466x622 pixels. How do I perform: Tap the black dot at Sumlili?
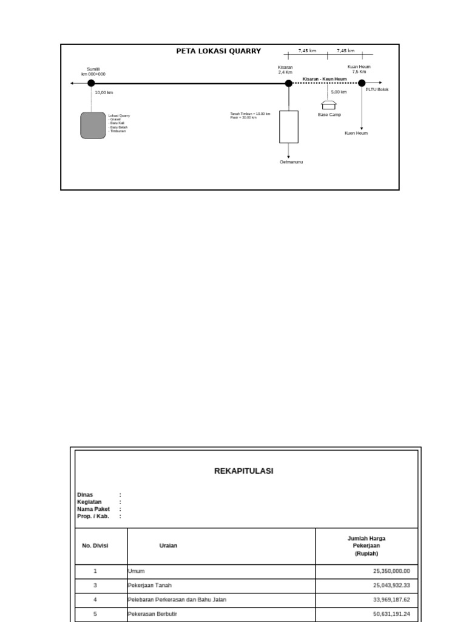tap(91, 83)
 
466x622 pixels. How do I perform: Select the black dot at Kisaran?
tap(289, 83)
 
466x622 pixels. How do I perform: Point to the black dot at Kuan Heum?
tap(362, 83)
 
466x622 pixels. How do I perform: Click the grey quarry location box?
tap(93, 125)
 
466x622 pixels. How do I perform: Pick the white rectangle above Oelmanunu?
tap(289, 126)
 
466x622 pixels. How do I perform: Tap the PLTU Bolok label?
tap(377, 90)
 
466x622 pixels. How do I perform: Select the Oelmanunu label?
tap(291, 162)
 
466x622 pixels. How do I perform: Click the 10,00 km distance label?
tap(104, 93)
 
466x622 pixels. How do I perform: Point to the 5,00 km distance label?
tap(339, 92)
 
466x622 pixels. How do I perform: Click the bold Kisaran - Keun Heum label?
tap(325, 79)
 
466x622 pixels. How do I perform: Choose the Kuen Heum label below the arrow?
tap(356, 133)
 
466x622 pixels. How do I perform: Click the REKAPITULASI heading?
tap(244, 471)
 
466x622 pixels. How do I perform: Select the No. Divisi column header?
tap(95, 545)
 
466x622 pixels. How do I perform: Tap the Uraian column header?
tap(168, 545)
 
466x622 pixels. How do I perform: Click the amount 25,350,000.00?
tap(391, 571)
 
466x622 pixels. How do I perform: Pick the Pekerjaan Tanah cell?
tap(149, 586)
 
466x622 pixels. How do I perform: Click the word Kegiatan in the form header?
tap(89, 502)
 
